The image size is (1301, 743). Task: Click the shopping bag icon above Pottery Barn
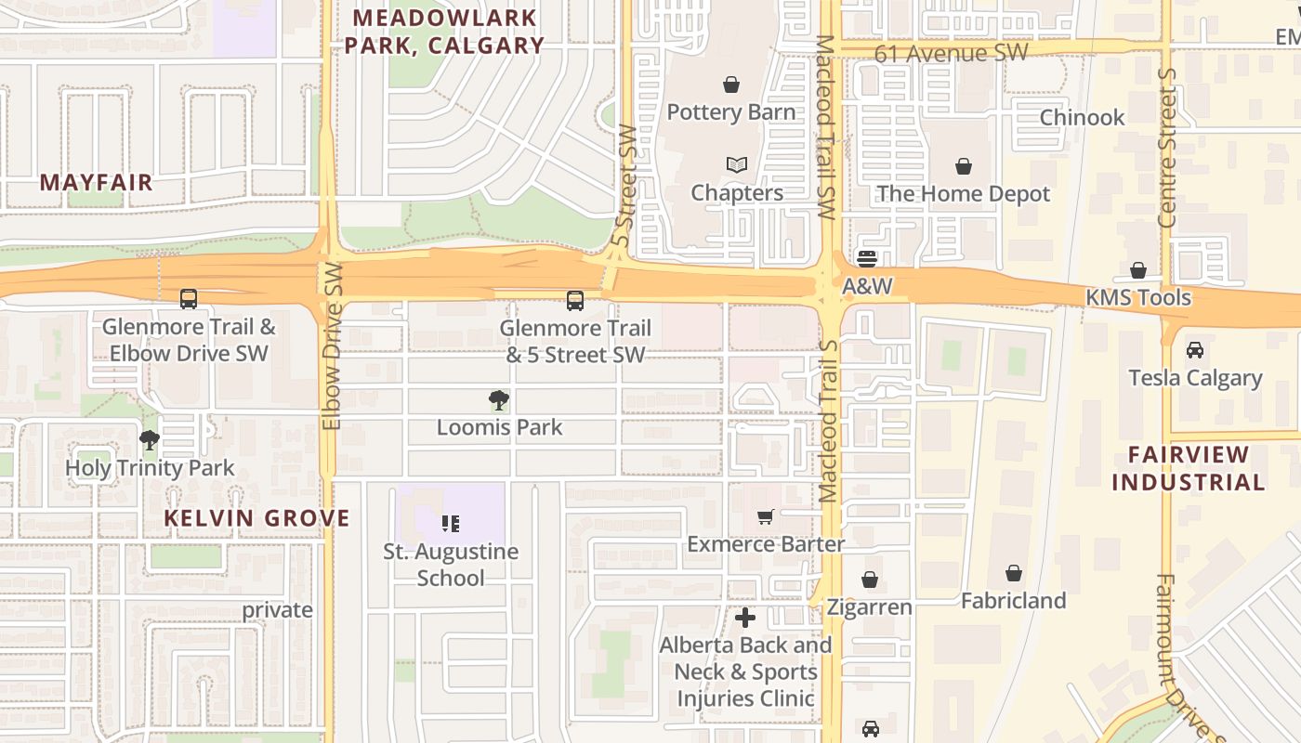coord(731,85)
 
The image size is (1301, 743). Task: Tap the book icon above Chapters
coord(737,165)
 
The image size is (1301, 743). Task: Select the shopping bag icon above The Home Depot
coord(964,166)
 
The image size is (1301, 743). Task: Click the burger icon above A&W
coord(867,258)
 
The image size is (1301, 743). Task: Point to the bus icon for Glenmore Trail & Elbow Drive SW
coord(189,299)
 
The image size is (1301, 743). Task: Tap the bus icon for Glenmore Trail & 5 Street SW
coord(575,301)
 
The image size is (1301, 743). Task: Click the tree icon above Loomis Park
coord(499,400)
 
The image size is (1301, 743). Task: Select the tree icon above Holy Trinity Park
coord(150,440)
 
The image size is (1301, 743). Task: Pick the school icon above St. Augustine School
coord(451,524)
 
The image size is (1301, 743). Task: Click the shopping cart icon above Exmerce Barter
coord(765,516)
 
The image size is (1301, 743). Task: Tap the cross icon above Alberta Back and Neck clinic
coord(745,618)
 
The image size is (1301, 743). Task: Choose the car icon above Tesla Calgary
coord(1195,350)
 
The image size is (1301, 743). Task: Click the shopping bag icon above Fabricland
coord(1014,574)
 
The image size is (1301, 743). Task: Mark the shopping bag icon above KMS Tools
coord(1138,270)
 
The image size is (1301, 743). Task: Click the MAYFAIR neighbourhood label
coord(96,182)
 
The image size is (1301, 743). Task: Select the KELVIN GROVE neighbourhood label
coord(257,518)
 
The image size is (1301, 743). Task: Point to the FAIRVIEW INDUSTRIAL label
coord(1189,468)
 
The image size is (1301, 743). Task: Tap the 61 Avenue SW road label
coord(951,53)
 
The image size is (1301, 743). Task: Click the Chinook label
coord(1082,117)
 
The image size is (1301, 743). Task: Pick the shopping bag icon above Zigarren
coord(870,580)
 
